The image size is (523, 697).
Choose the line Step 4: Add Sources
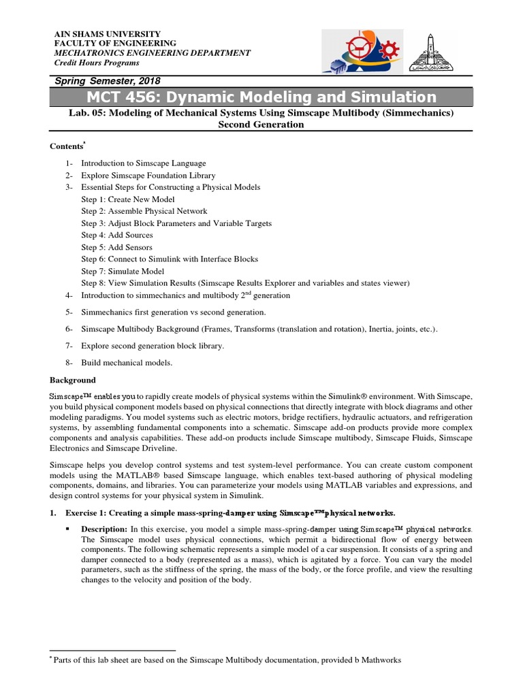click(x=117, y=235)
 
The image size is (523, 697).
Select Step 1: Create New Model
click(x=128, y=199)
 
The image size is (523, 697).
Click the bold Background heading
click(x=73, y=380)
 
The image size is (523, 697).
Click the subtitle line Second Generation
click(x=261, y=125)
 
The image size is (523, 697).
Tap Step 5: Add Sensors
click(x=117, y=247)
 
